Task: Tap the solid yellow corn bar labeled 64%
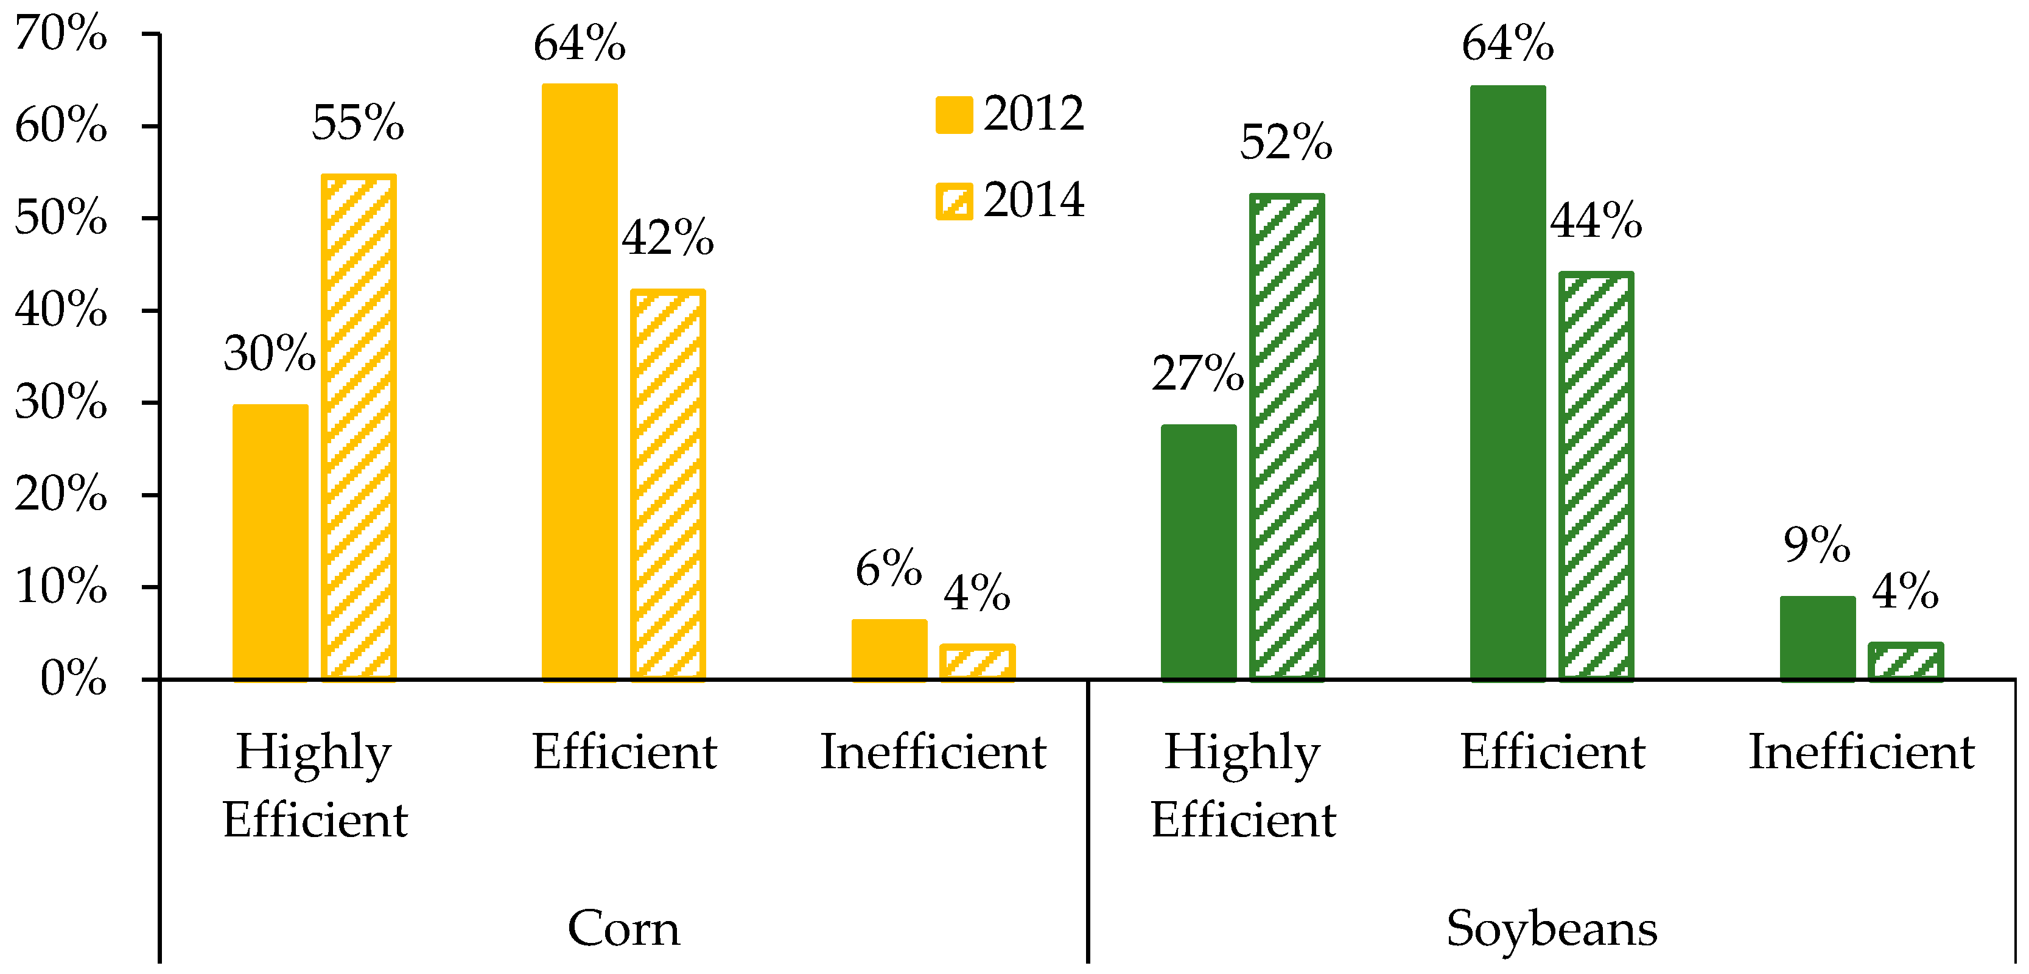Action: pyautogui.click(x=580, y=381)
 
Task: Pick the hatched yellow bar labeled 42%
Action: pyautogui.click(x=668, y=484)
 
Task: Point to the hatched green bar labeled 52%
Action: pyautogui.click(x=1286, y=437)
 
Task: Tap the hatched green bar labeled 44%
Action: pyautogui.click(x=1596, y=477)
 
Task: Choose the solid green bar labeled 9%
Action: pyautogui.click(x=1817, y=638)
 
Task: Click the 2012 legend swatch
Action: pyautogui.click(x=954, y=115)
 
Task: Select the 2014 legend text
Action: pyautogui.click(x=1034, y=200)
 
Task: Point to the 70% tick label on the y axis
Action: pyautogui.click(x=61, y=34)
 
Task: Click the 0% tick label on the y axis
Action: pyautogui.click(x=73, y=678)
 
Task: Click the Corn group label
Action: pyautogui.click(x=623, y=928)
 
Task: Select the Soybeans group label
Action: pyautogui.click(x=1552, y=928)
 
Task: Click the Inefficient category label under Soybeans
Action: pyautogui.click(x=1861, y=752)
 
